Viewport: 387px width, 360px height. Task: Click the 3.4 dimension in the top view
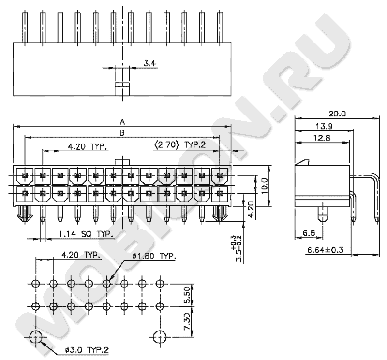coord(150,63)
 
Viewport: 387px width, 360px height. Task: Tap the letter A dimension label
coord(122,121)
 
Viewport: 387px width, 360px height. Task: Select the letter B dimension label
coord(122,132)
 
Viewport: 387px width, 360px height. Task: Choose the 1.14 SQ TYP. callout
coord(86,234)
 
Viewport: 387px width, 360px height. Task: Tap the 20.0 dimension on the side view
coord(337,114)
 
